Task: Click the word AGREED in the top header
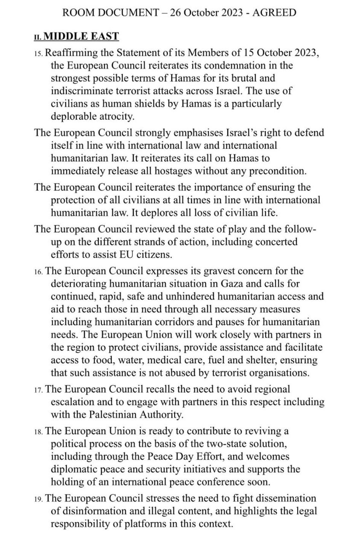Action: (x=275, y=12)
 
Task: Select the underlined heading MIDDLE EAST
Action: (x=81, y=37)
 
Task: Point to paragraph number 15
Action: (x=38, y=54)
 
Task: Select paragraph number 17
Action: (x=38, y=390)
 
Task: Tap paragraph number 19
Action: (x=38, y=499)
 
